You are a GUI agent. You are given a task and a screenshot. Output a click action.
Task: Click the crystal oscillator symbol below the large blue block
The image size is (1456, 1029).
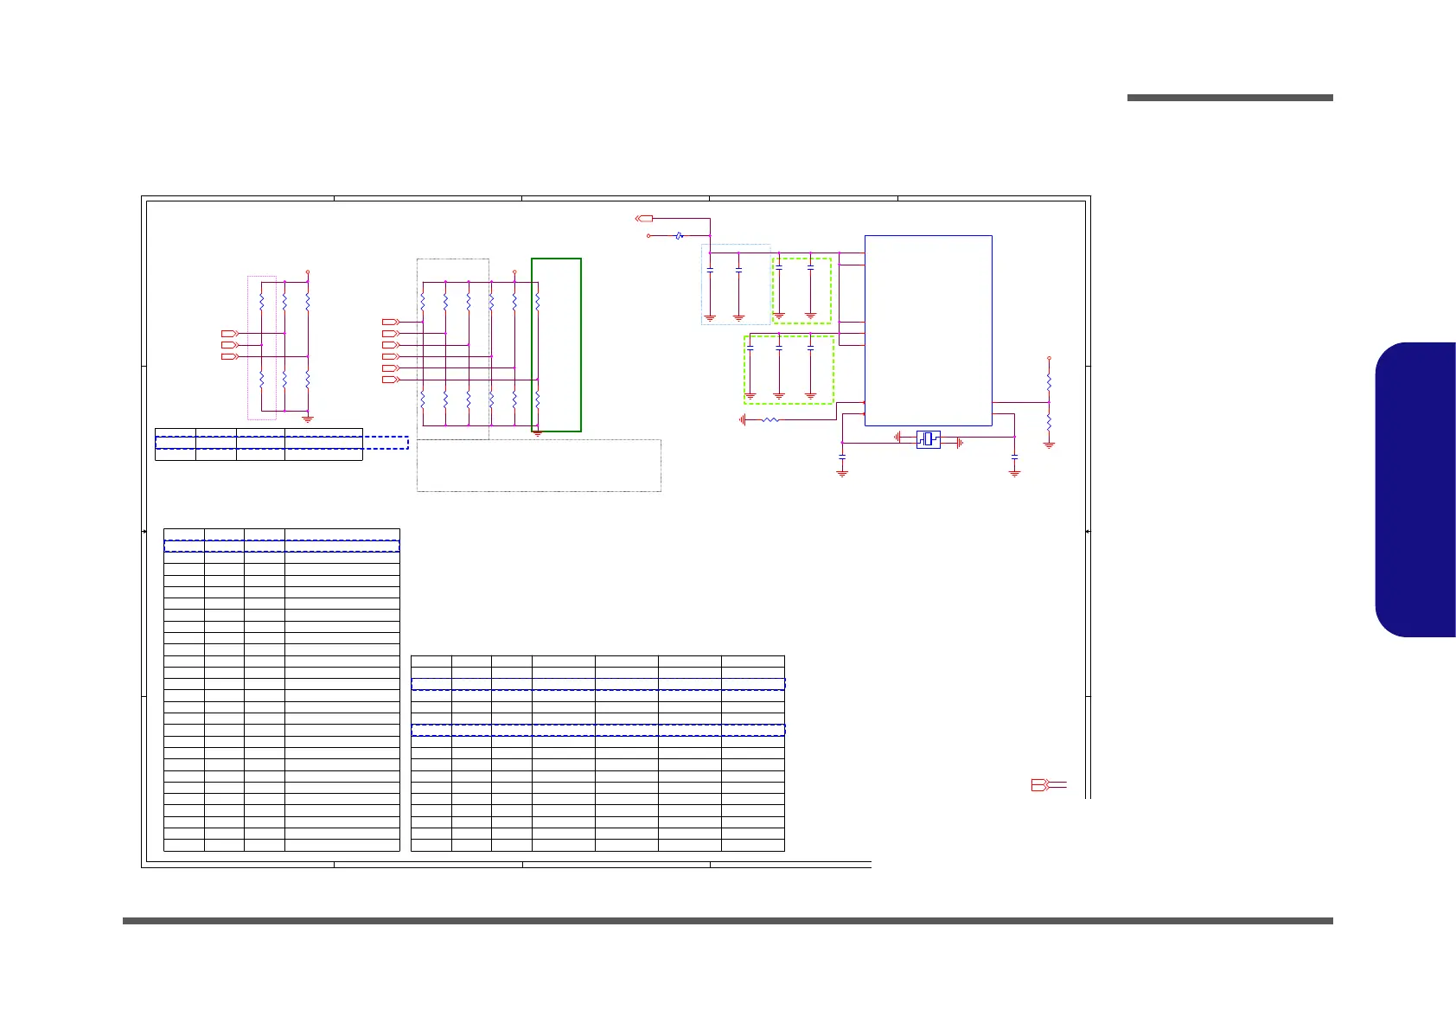(x=928, y=439)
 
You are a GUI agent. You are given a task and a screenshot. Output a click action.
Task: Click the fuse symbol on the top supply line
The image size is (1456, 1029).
(x=680, y=235)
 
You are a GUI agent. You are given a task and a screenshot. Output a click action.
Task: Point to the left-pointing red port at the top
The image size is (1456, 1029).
(x=643, y=219)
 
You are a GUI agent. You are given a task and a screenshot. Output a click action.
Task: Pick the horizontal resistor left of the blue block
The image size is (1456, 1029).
(x=770, y=420)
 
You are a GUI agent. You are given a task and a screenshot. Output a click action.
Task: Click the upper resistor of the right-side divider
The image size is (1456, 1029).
(x=1049, y=380)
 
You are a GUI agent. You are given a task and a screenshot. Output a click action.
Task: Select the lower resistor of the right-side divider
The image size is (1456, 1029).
(x=1049, y=423)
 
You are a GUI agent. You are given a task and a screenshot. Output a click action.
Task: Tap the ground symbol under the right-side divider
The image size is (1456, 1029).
(x=1049, y=444)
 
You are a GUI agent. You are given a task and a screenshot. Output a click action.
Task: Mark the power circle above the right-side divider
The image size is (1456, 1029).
(x=1049, y=357)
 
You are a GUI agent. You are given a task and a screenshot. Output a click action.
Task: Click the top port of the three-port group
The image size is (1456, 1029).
(x=229, y=333)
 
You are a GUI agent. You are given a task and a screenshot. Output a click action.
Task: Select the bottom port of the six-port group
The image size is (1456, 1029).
(x=390, y=380)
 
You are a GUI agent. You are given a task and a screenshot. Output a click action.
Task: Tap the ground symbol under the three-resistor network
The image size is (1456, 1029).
(x=308, y=419)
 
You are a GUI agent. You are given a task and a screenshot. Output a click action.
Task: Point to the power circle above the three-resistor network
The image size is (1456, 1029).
(x=308, y=272)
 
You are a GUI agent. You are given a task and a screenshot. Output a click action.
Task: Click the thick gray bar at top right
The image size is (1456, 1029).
(x=1229, y=98)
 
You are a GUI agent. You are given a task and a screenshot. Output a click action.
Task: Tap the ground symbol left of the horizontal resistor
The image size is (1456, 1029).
(x=743, y=420)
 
